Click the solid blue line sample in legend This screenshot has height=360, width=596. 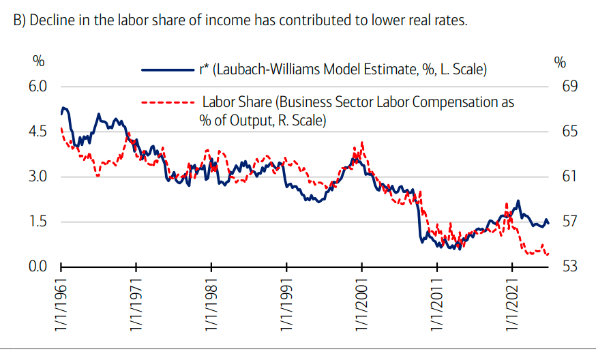click(167, 70)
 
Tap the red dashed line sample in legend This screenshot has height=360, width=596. click(167, 103)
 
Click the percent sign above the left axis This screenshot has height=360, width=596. click(39, 61)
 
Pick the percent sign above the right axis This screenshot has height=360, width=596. click(561, 61)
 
